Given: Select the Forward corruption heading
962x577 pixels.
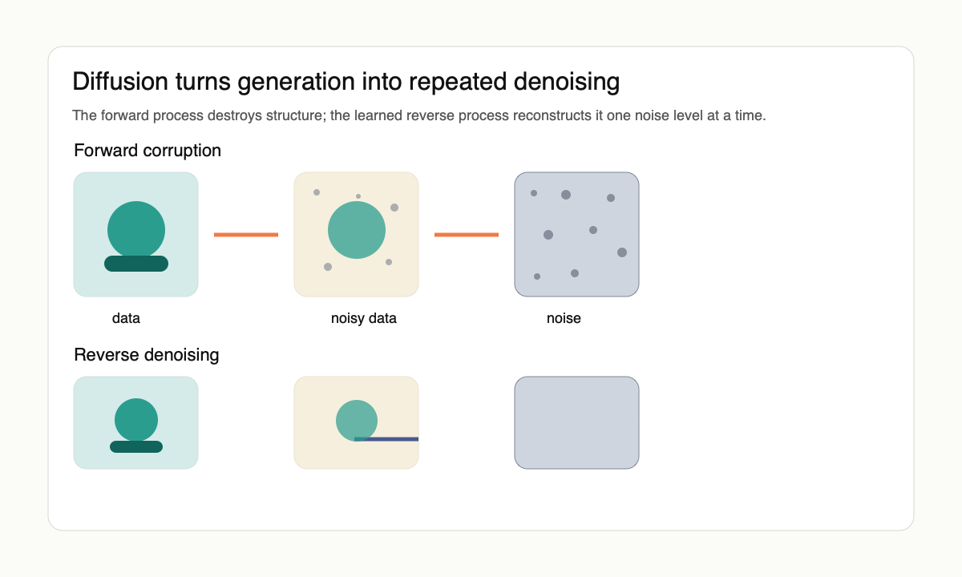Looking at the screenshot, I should (148, 151).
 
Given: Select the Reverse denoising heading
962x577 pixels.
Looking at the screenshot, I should (147, 355).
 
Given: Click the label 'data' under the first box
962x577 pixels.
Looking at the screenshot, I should (126, 318).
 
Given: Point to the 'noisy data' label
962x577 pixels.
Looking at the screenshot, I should (364, 318).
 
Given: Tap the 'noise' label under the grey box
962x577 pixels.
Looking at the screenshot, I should (564, 318).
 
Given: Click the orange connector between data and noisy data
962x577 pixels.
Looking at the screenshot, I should (246, 234).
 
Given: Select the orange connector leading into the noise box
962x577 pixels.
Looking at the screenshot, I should (467, 234).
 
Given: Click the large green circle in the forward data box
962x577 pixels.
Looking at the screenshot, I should (136, 228).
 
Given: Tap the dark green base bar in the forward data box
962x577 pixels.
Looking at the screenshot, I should (136, 264).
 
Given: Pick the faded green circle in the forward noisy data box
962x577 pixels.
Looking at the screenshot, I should (357, 230).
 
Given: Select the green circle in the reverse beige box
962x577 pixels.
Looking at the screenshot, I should (355, 418).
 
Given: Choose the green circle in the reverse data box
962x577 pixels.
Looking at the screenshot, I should (136, 418).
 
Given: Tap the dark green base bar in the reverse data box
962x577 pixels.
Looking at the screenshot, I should (136, 446).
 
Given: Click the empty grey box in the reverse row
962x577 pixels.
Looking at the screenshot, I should (576, 422).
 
